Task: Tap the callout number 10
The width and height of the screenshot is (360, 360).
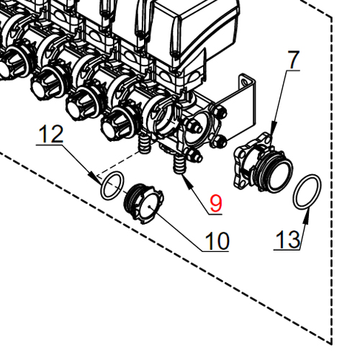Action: (x=216, y=240)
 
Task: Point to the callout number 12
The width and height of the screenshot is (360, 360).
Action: (x=52, y=134)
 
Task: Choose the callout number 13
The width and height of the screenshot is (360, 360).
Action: (x=287, y=240)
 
